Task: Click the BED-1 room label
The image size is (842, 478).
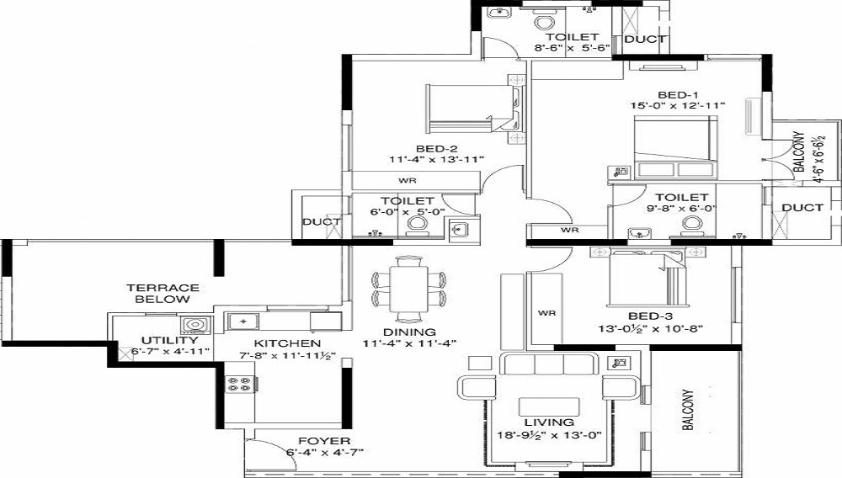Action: click(x=678, y=94)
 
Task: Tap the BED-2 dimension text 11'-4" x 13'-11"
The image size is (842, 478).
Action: click(x=437, y=159)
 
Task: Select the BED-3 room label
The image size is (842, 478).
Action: click(x=650, y=316)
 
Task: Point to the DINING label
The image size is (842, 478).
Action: click(x=409, y=332)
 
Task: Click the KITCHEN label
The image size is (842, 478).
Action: click(x=287, y=343)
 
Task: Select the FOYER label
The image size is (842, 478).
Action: click(x=324, y=441)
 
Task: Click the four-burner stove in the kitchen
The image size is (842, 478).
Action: click(x=239, y=384)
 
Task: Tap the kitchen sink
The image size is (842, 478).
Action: click(x=243, y=321)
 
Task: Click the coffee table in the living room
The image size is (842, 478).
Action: click(x=549, y=406)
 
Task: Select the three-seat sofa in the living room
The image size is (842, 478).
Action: click(x=549, y=364)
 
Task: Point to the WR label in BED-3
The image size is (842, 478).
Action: click(x=546, y=313)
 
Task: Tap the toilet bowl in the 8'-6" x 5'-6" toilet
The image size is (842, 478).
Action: click(x=544, y=22)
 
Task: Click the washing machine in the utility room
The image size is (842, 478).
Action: click(x=192, y=325)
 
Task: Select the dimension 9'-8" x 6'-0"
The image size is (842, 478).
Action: click(x=682, y=209)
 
